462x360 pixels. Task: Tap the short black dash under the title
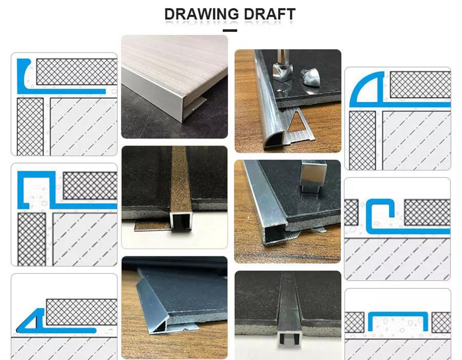tap(230, 30)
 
